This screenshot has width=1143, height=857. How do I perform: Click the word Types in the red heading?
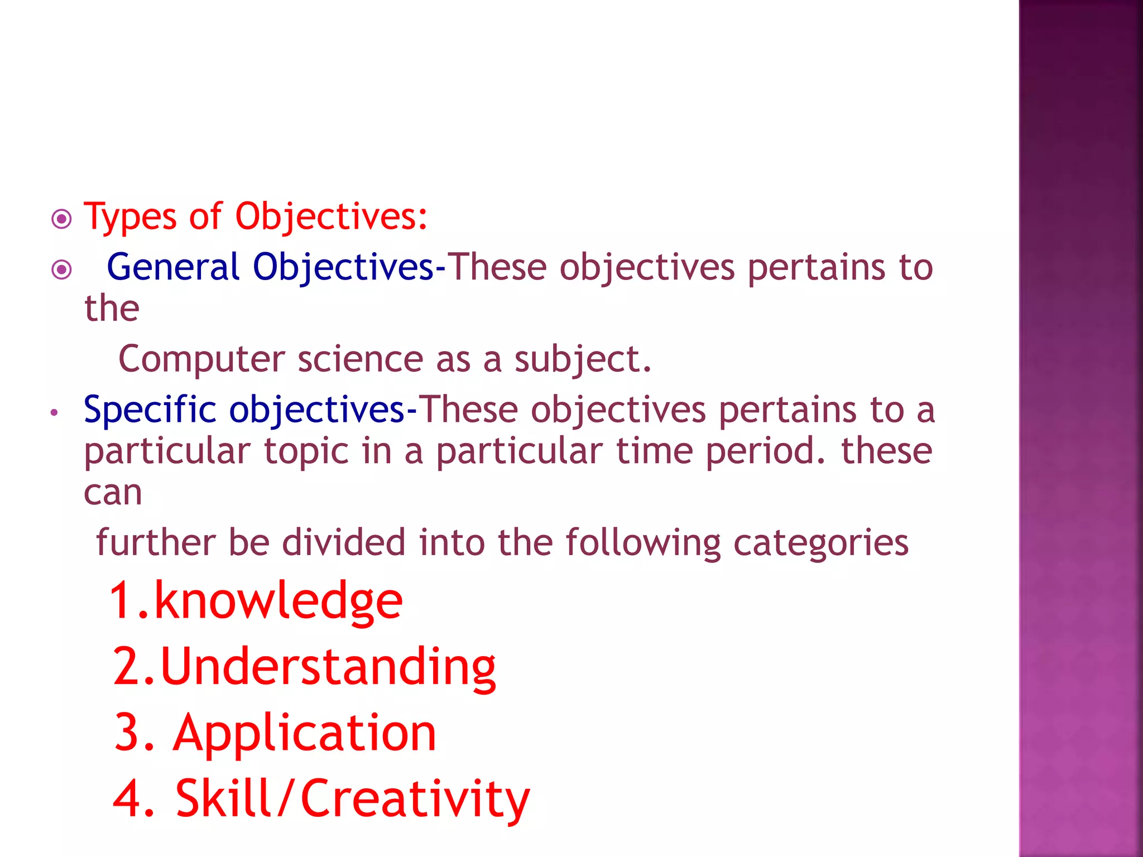point(130,217)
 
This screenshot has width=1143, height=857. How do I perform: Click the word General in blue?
point(173,267)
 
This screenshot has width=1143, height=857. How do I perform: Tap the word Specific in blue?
point(150,410)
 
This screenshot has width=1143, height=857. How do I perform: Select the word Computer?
point(201,359)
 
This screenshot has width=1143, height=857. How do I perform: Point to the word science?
point(361,359)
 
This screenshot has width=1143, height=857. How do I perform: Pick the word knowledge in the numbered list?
point(278,601)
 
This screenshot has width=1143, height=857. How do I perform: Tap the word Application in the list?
point(305,734)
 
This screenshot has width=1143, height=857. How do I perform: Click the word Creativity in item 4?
point(415,800)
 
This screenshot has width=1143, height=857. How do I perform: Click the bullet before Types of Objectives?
point(61,219)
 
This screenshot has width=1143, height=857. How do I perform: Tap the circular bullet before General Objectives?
point(61,270)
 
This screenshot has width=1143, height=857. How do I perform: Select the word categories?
point(820,543)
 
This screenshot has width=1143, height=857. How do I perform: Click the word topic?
point(306,451)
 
